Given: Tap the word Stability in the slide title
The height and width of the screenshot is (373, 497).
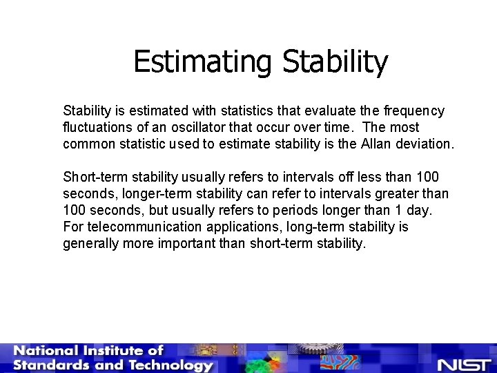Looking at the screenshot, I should tap(335, 62).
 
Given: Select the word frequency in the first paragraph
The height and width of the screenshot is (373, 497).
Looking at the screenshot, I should tap(414, 111).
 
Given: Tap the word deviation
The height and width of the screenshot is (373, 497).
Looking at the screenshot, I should tap(426, 144).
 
